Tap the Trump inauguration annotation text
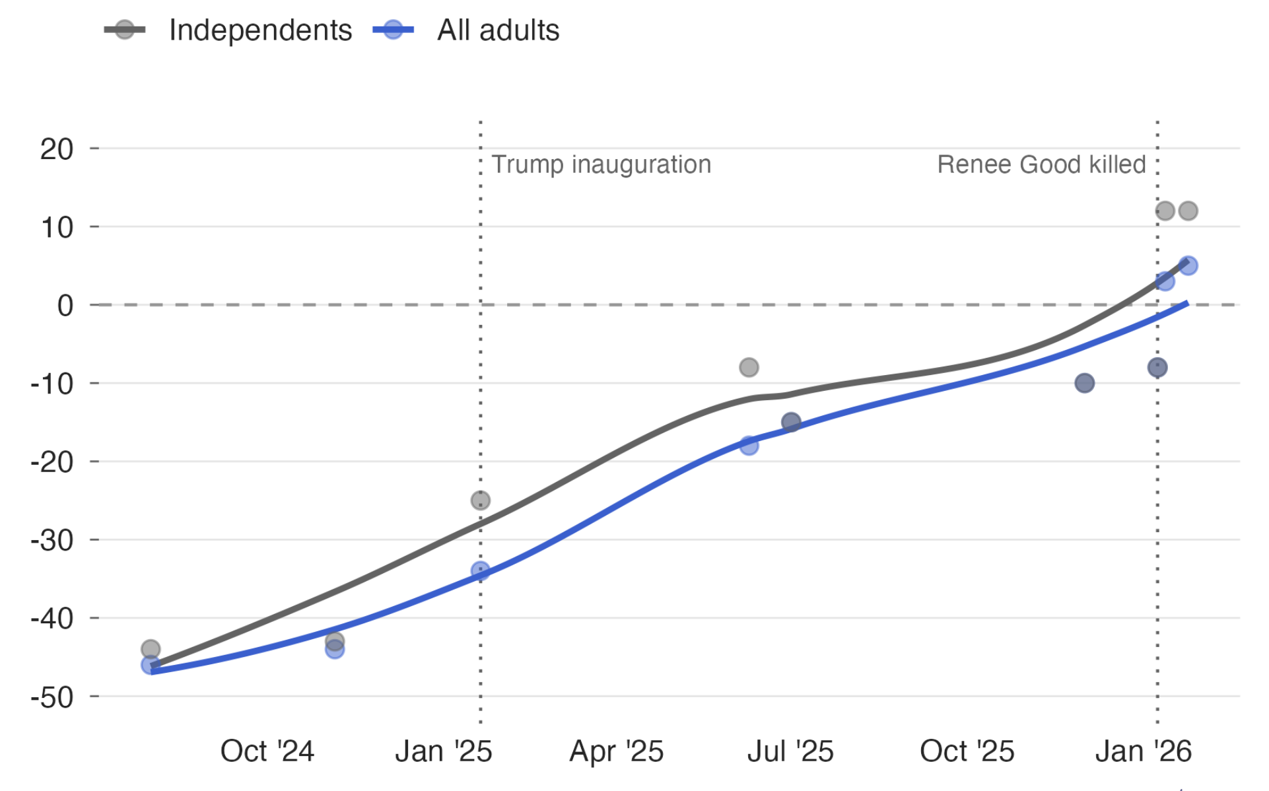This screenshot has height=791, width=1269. pyautogui.click(x=601, y=164)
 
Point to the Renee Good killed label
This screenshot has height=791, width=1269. pyautogui.click(x=1041, y=164)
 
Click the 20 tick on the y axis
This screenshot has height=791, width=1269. pyautogui.click(x=57, y=149)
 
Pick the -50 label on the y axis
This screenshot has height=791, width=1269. pyautogui.click(x=52, y=697)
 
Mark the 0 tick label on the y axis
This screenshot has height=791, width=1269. pyautogui.click(x=65, y=306)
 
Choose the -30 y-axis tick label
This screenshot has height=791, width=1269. pyautogui.click(x=52, y=541)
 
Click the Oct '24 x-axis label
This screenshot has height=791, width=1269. pyautogui.click(x=267, y=751)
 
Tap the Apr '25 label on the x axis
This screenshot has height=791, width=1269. pyautogui.click(x=616, y=751)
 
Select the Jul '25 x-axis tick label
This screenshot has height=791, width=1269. pyautogui.click(x=790, y=751)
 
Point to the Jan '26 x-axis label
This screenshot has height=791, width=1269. pyautogui.click(x=1143, y=751)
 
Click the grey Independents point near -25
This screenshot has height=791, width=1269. pyautogui.click(x=481, y=500)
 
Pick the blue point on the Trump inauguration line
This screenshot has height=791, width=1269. pyautogui.click(x=481, y=570)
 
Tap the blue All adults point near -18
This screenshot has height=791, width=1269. pyautogui.click(x=749, y=446)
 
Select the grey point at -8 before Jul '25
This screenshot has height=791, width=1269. pyautogui.click(x=749, y=367)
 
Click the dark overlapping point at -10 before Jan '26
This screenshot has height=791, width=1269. pyautogui.click(x=1084, y=383)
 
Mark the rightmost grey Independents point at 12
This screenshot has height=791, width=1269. pyautogui.click(x=1188, y=211)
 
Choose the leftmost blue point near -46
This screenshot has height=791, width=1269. pyautogui.click(x=151, y=664)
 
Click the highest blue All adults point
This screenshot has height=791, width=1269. pyautogui.click(x=1188, y=265)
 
